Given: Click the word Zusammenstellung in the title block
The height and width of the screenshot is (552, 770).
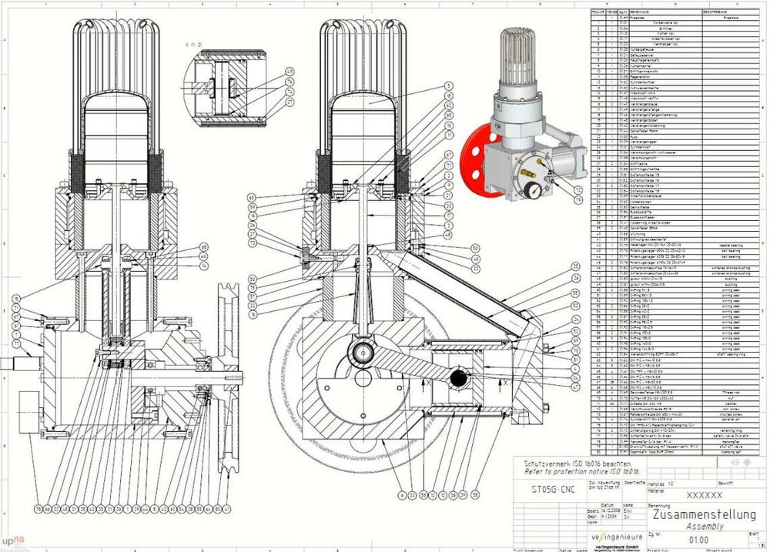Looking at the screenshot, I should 702,514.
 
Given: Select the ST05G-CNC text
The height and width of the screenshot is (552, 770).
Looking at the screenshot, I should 553,488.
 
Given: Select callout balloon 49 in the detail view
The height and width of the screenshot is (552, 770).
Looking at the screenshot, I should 290,72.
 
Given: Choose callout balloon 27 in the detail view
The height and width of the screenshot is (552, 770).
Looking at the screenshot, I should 290,102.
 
